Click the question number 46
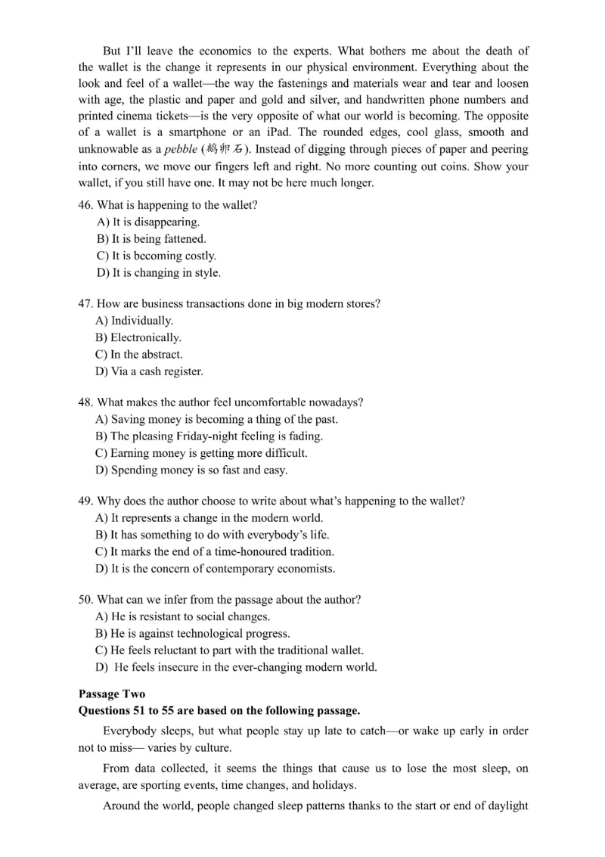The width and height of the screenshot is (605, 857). point(86,205)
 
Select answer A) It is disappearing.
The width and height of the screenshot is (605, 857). point(148,222)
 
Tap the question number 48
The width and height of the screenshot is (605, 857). point(86,402)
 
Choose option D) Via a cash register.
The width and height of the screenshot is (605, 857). point(149,371)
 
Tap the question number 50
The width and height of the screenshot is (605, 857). point(86,600)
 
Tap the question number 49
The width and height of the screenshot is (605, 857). point(86,501)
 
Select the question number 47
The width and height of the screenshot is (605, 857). point(86,303)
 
